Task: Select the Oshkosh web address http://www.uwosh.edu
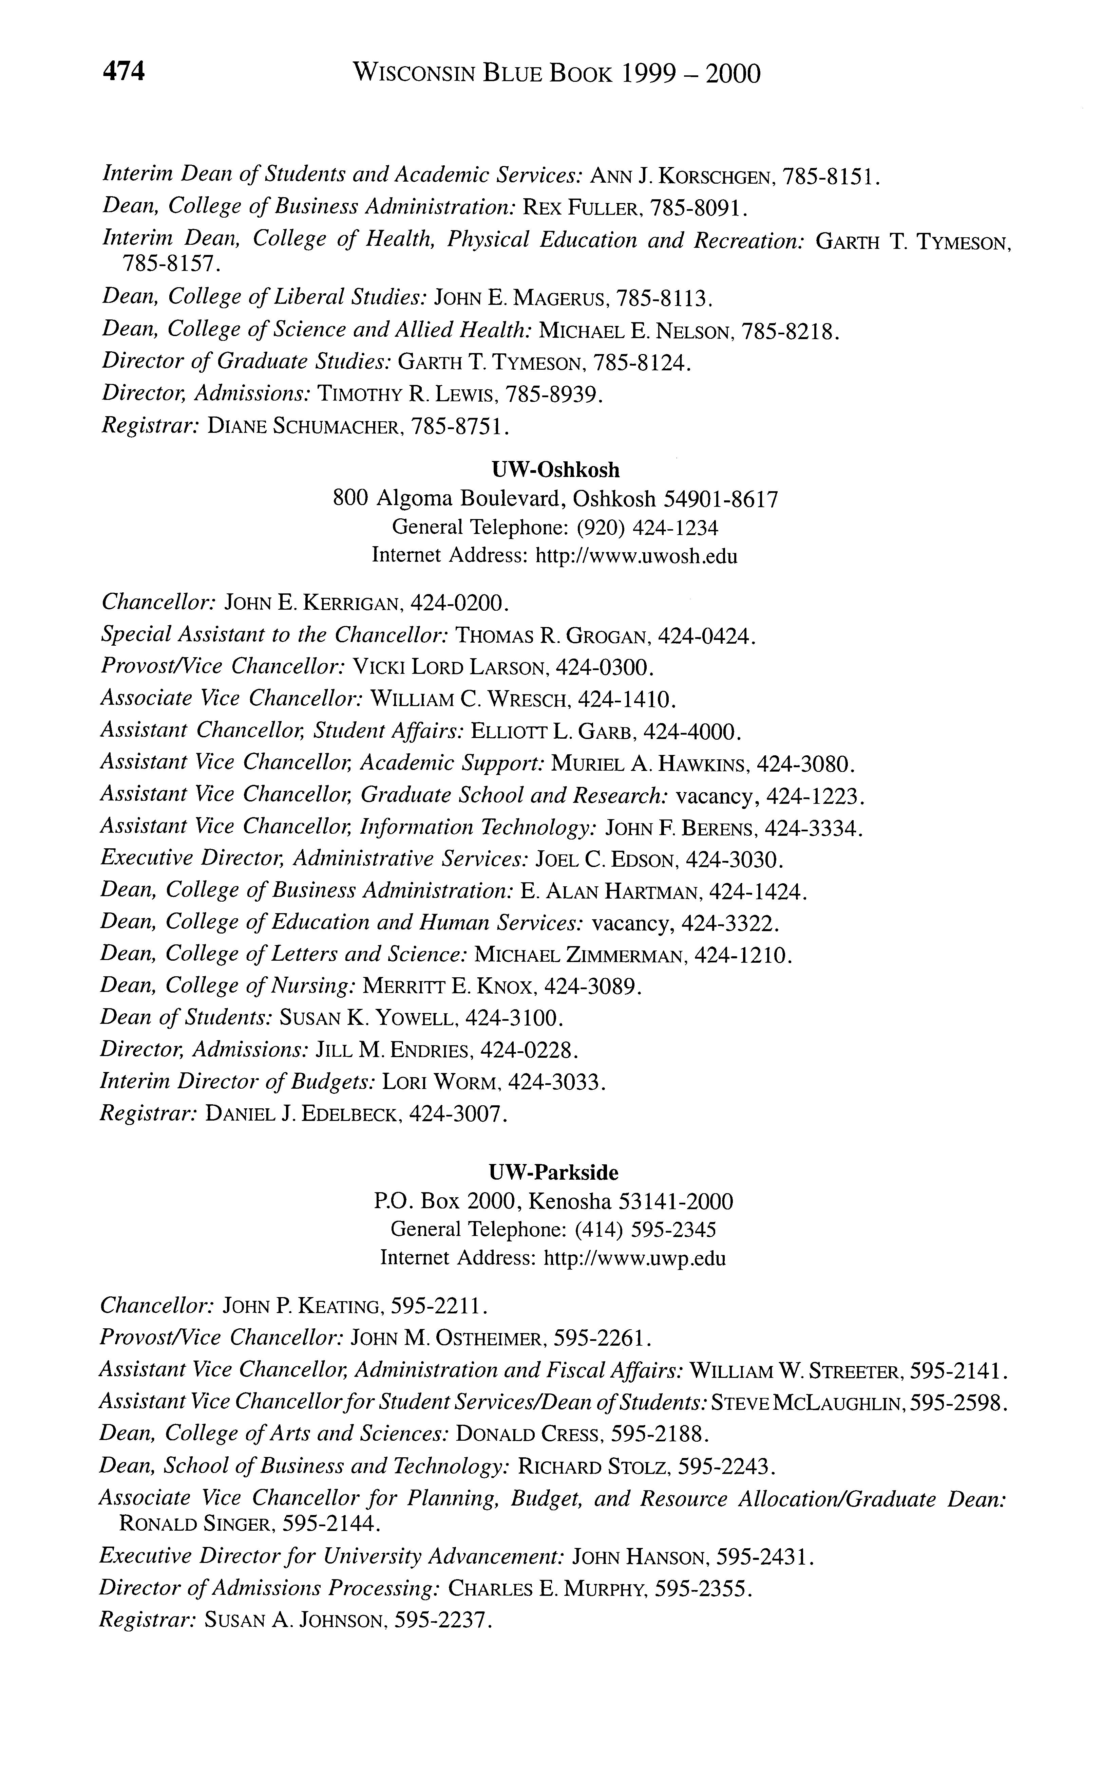(636, 556)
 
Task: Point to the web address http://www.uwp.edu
(635, 1259)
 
